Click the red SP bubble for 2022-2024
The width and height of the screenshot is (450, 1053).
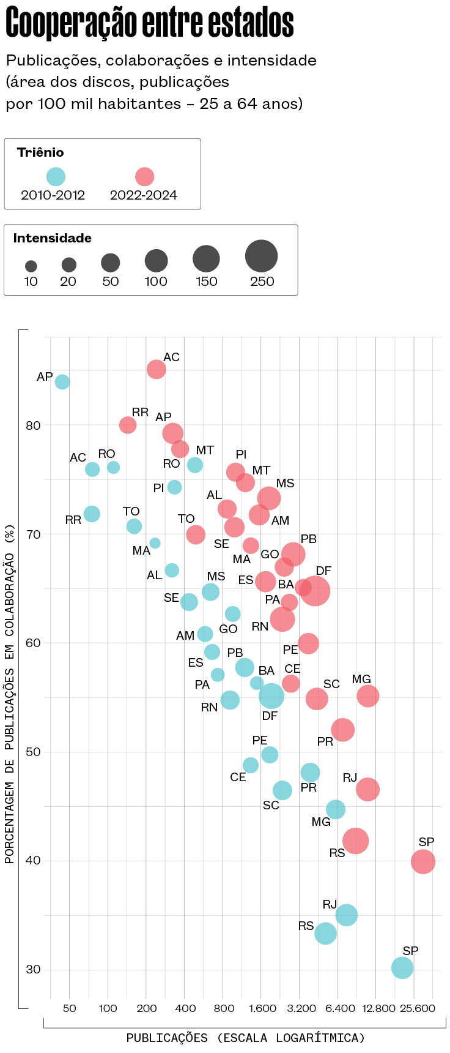[x=422, y=861]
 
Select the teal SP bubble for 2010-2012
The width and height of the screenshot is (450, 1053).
[x=402, y=967]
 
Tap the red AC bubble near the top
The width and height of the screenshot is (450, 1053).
[x=157, y=369]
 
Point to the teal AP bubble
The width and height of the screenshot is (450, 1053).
[x=62, y=382]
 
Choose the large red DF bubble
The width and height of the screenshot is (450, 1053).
[x=315, y=591]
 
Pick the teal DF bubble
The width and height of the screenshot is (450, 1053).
[x=271, y=695]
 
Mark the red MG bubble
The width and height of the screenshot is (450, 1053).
[x=367, y=695]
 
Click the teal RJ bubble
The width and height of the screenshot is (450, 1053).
[x=347, y=915]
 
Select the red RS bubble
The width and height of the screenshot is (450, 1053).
[x=355, y=841]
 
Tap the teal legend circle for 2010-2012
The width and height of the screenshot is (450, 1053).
[x=56, y=177]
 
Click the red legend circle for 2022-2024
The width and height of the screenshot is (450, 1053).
[x=144, y=177]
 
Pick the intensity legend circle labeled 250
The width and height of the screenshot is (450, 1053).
[x=261, y=256]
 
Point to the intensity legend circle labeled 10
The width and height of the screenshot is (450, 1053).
[x=31, y=266]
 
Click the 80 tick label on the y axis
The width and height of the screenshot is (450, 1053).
[x=33, y=425]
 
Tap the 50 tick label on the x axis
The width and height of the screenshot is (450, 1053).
[x=70, y=1008]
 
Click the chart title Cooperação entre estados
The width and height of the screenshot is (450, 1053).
[x=150, y=23]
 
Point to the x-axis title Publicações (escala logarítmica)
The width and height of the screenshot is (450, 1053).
[x=245, y=1038]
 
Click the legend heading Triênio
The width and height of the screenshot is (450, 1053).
[x=40, y=152]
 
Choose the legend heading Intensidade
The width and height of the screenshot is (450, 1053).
[x=53, y=238]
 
